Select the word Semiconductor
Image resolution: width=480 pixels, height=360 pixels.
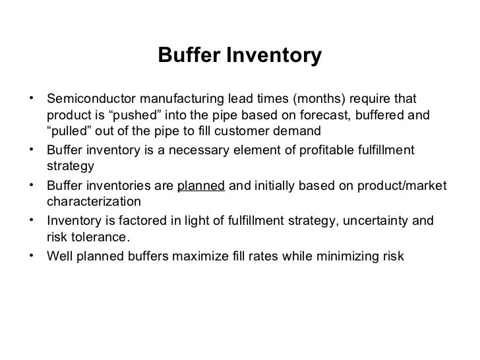coord(89,100)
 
